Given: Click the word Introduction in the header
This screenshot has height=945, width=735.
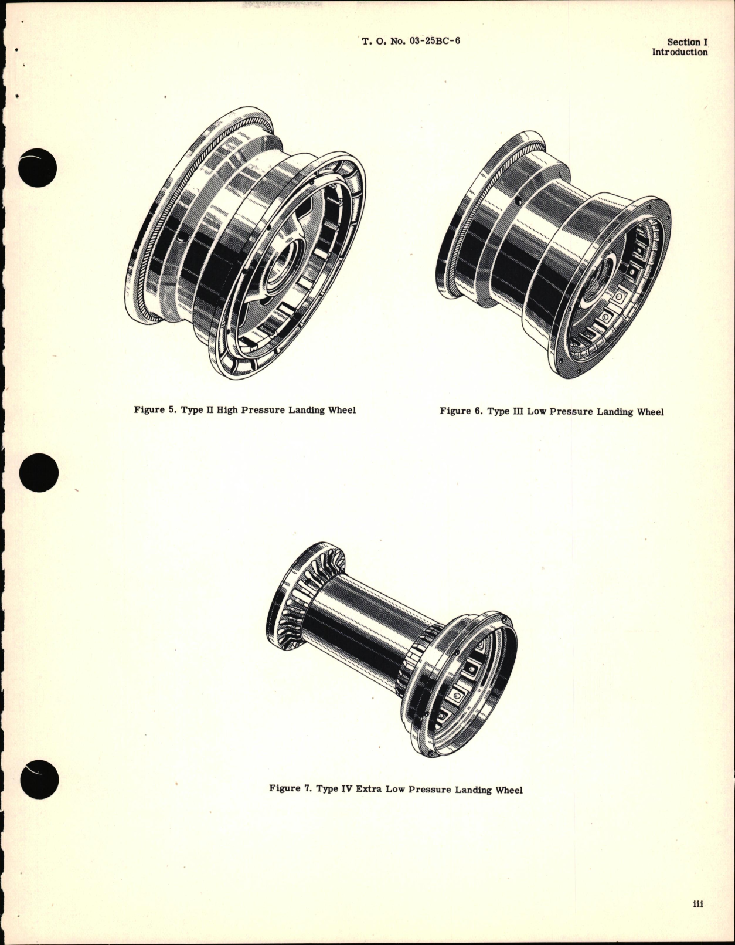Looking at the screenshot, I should coord(679,52).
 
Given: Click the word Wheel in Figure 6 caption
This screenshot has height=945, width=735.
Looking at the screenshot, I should coord(649,412).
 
